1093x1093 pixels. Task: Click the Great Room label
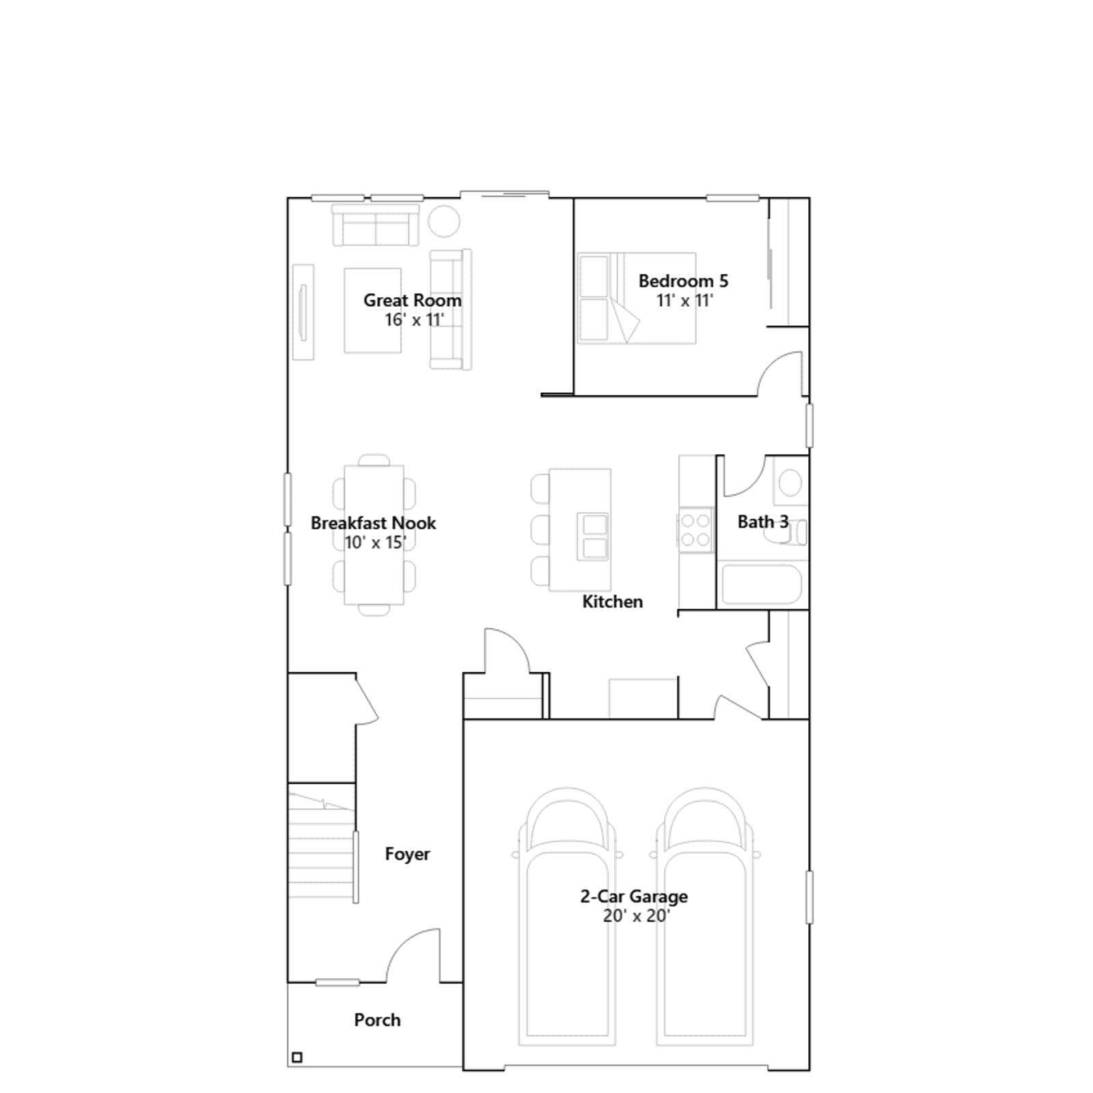[412, 300]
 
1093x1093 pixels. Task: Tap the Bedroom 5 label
[683, 281]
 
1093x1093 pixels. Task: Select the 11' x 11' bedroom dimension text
[684, 301]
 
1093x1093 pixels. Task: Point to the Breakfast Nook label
[373, 523]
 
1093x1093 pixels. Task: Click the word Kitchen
[612, 602]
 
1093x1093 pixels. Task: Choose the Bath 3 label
[763, 522]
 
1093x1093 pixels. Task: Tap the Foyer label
[407, 854]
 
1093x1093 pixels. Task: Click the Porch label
[377, 1020]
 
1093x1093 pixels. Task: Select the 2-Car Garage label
[634, 896]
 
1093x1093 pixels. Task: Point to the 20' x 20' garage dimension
[636, 915]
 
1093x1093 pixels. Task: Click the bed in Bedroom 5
[637, 298]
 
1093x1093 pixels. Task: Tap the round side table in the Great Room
[444, 221]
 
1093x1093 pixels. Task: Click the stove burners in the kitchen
[695, 530]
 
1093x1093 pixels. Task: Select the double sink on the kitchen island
[593, 536]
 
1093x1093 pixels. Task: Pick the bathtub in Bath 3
[762, 585]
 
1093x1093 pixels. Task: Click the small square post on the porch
[297, 1057]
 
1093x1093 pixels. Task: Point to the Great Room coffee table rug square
[372, 310]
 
